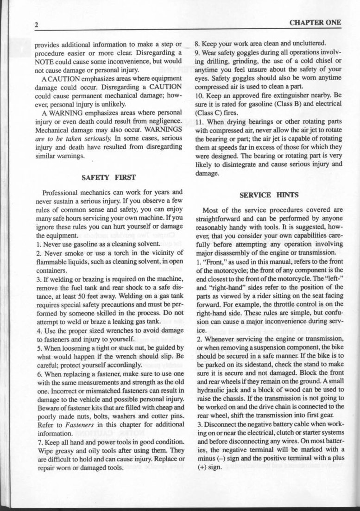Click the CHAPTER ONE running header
(315, 22)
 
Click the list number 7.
(38, 442)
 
